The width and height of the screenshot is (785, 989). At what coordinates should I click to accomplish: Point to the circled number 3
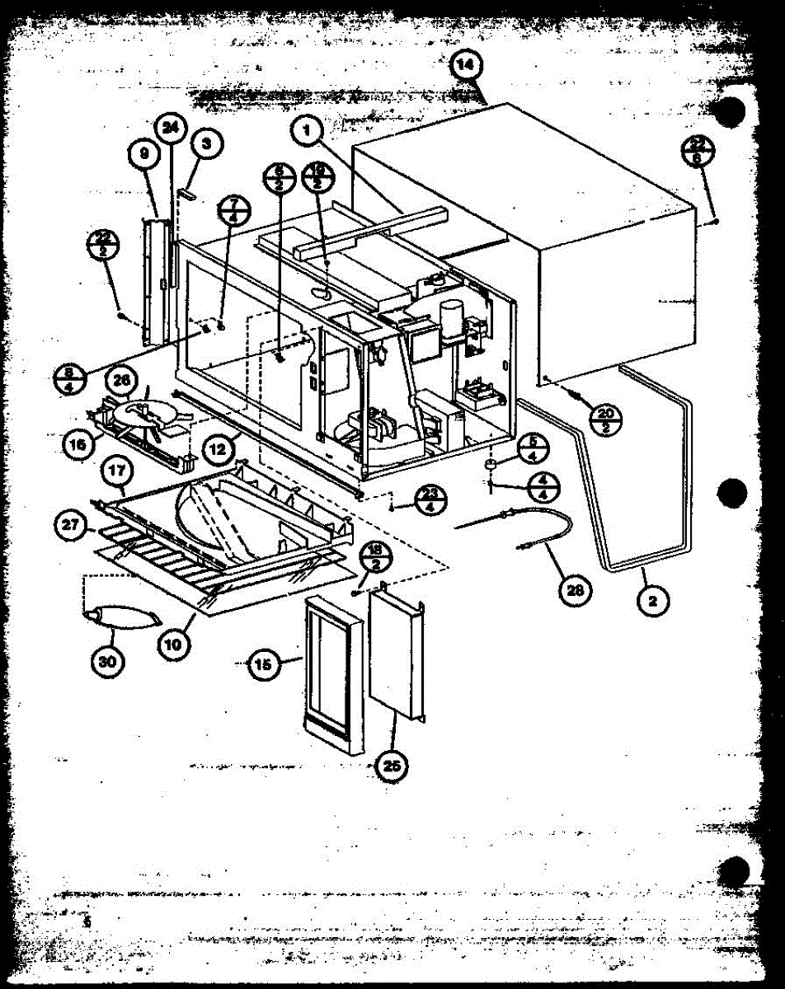click(206, 143)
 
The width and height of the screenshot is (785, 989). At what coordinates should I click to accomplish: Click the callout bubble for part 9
click(143, 153)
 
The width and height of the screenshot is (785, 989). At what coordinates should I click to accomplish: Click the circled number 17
click(115, 472)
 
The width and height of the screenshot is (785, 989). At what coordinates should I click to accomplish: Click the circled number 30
click(111, 661)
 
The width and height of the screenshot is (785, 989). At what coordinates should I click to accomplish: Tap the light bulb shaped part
click(120, 616)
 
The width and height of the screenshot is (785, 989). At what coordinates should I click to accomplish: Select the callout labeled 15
click(263, 665)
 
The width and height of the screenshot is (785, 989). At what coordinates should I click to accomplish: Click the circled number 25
click(392, 766)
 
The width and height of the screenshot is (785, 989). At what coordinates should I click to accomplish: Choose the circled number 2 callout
click(652, 601)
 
